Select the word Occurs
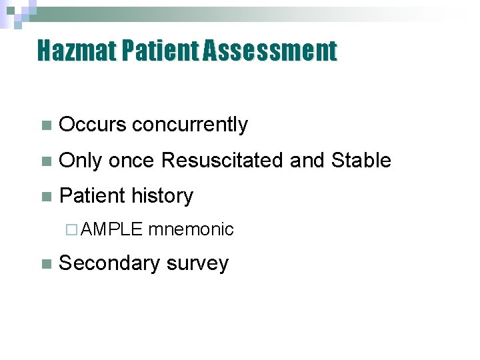[x=92, y=125]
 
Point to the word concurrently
[x=189, y=125]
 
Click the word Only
[x=80, y=161]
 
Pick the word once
[x=131, y=161]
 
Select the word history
[x=162, y=196]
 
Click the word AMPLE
[x=113, y=230]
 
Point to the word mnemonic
[x=191, y=230]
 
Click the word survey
[x=197, y=263]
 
